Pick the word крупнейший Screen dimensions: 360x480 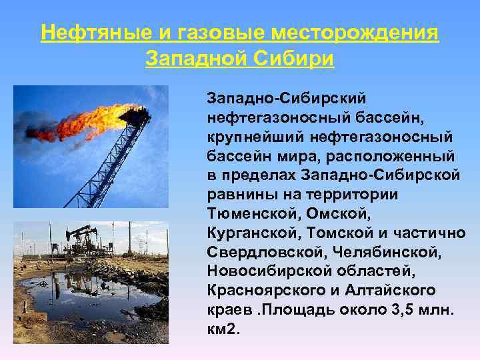pyautogui.click(x=255, y=136)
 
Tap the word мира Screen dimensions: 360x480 pyautogui.click(x=284, y=155)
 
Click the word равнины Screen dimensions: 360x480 pyautogui.click(x=241, y=194)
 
